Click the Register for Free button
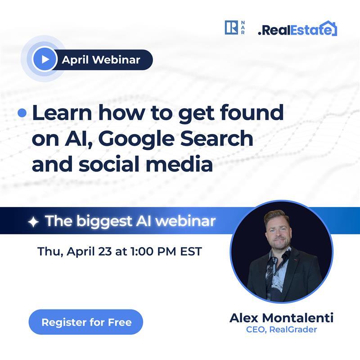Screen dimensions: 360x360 point(85,322)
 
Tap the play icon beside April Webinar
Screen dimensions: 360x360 point(45,59)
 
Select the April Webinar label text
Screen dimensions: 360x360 point(101,59)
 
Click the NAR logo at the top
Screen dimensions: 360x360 point(234,28)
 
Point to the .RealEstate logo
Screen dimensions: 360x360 point(297,30)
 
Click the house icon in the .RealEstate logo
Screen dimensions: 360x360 point(330,28)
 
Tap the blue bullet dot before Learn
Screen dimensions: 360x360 point(22,113)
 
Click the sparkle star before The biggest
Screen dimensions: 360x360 point(33,221)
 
